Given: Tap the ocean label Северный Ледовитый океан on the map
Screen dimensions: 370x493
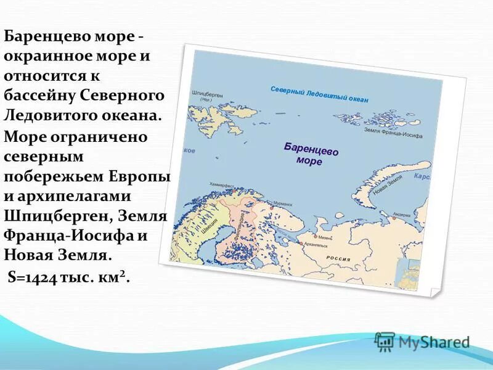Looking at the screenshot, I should tap(319, 95).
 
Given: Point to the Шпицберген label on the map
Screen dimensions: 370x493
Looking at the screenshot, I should tap(206, 94).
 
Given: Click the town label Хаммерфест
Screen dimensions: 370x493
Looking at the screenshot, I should tap(222, 184).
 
